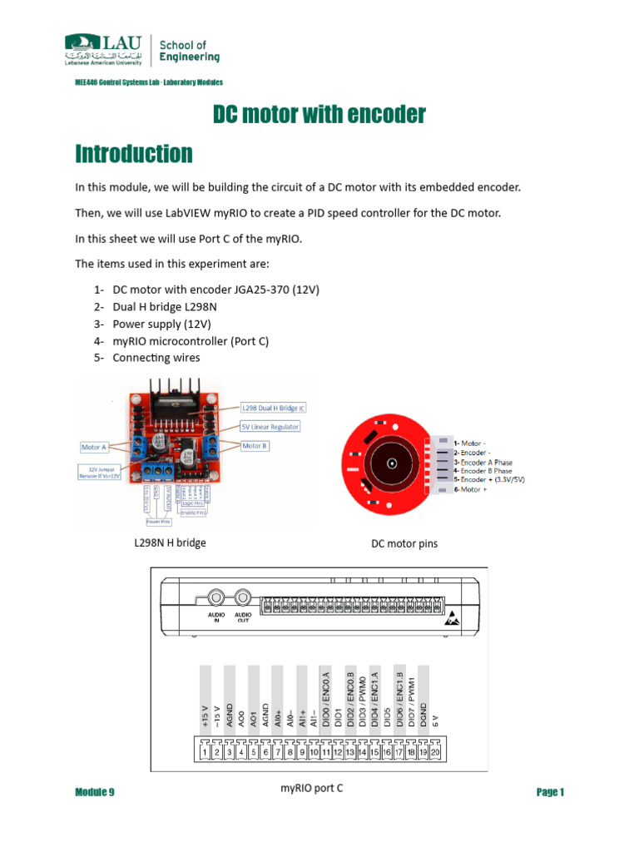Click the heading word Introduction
(133, 154)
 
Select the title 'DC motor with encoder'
(319, 115)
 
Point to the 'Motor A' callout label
(94, 447)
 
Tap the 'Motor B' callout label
(254, 446)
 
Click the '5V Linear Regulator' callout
(270, 426)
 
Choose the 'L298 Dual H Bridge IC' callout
(273, 409)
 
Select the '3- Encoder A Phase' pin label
(483, 463)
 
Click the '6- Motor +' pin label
(470, 489)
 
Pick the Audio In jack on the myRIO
(216, 597)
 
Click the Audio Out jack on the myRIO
(243, 597)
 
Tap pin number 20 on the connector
(434, 752)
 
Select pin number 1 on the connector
(204, 752)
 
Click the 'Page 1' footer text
(550, 792)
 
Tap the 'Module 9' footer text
(94, 792)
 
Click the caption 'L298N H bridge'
(170, 542)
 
